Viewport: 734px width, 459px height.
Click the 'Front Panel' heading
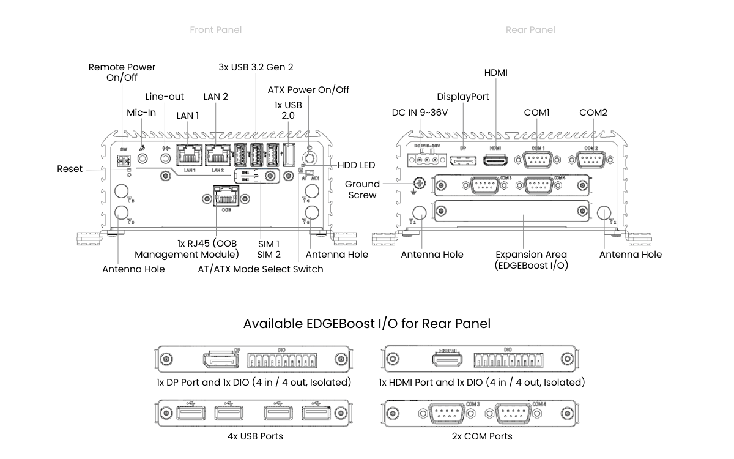point(215,30)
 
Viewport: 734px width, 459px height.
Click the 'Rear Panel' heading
point(530,30)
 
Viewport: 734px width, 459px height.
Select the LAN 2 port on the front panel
point(217,154)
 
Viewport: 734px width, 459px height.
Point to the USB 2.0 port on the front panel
point(289,154)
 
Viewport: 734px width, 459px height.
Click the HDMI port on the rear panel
point(495,160)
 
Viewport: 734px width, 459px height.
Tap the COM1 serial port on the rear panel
point(536,160)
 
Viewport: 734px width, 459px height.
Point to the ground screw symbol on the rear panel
point(419,183)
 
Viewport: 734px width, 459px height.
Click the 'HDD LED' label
point(356,165)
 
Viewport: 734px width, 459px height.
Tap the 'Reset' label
point(70,169)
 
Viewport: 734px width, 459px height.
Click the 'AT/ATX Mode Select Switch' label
point(261,269)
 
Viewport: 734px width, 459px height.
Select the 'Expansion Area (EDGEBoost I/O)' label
point(531,259)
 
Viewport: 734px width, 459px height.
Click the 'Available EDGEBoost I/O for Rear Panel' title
point(367,323)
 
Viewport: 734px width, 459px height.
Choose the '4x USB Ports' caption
point(255,436)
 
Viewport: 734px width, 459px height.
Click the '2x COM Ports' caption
point(481,436)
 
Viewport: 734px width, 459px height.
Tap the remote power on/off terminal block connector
point(124,160)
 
